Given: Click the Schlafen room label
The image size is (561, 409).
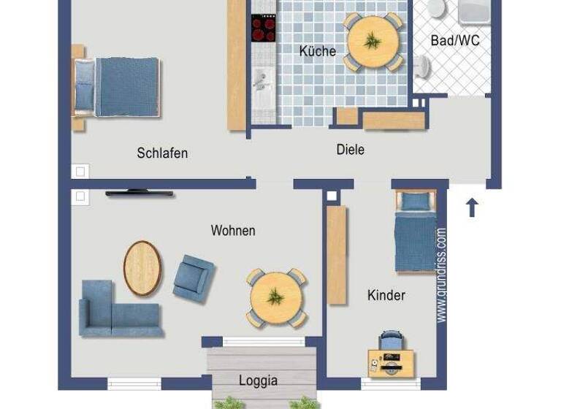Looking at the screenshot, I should point(162,153).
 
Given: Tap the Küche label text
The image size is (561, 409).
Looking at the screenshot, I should point(318,51).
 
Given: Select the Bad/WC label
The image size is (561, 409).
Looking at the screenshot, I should point(455,41).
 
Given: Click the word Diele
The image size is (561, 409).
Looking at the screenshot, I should point(350,150).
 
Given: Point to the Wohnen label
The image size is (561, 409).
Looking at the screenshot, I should point(233,231).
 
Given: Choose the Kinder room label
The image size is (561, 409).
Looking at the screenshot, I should point(386,296).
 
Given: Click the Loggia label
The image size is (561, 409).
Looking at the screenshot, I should point(258,381).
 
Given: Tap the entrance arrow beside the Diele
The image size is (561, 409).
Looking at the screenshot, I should point(472,207).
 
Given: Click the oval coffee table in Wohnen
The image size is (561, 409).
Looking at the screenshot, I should point(142,268).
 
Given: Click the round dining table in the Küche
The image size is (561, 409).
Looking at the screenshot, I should point(373,42).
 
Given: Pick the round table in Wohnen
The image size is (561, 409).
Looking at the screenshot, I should point(276,297).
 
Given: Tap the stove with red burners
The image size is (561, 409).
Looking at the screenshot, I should point(264,28).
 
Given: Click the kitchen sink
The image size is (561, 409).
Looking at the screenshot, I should point(263,82).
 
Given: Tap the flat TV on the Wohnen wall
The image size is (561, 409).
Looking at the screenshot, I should point(140,194).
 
